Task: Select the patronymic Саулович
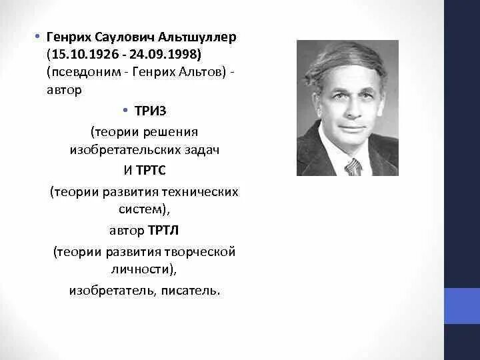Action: pyautogui.click(x=126, y=37)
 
